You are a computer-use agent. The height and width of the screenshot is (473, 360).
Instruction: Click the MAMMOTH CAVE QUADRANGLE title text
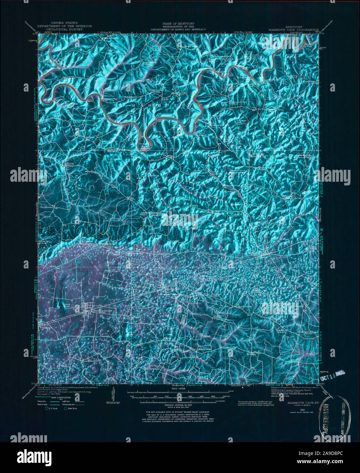(293, 30)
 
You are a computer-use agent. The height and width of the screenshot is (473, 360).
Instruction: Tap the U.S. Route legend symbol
(47, 408)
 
